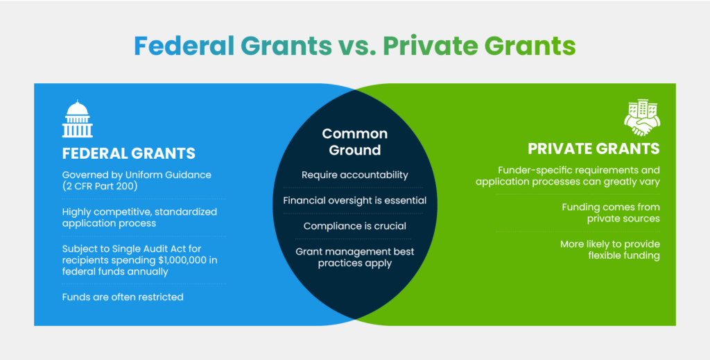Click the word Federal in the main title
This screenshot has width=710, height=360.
click(184, 46)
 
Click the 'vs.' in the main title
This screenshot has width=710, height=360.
click(357, 46)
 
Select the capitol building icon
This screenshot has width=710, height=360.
click(78, 119)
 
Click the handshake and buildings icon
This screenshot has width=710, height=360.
click(642, 118)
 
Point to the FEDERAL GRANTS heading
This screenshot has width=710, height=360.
click(129, 153)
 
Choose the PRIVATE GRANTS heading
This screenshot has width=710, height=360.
click(594, 148)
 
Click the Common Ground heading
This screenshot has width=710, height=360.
click(355, 142)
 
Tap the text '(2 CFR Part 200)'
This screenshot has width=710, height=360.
click(100, 186)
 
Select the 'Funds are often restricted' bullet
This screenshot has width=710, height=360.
click(123, 297)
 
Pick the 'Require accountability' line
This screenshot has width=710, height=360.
click(355, 175)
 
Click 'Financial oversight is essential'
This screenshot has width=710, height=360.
click(355, 200)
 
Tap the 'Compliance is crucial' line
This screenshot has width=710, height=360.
click(355, 226)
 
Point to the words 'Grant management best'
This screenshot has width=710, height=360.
click(355, 251)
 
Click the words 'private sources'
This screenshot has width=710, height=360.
click(623, 218)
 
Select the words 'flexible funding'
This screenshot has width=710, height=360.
click(624, 255)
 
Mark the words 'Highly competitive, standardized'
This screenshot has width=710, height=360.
click(139, 212)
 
